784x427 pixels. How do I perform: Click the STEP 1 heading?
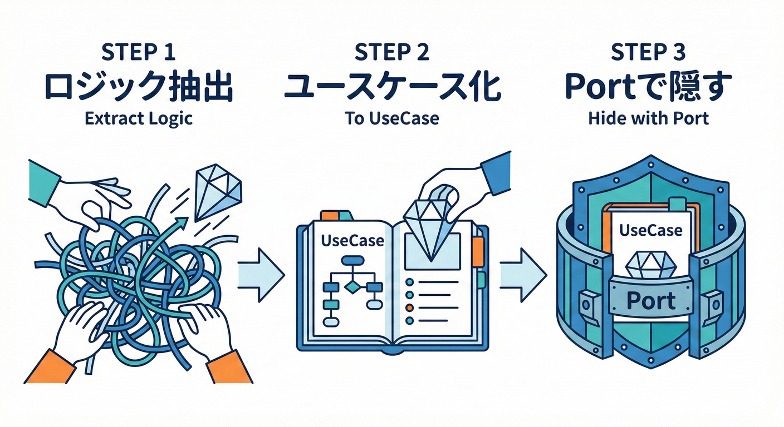point(139,52)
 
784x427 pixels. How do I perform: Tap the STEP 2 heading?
point(392,52)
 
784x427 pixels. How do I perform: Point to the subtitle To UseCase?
point(392,118)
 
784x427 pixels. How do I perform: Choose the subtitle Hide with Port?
point(648,118)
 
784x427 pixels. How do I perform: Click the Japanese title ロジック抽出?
point(138,88)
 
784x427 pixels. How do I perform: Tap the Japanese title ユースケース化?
point(392,88)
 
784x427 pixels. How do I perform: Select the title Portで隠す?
point(648,88)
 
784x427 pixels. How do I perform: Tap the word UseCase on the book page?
point(352,241)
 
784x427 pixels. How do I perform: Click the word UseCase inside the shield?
point(650,230)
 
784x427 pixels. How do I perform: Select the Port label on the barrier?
point(650,300)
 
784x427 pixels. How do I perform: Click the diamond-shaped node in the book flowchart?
point(352,287)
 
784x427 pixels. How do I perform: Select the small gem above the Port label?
point(650,266)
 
